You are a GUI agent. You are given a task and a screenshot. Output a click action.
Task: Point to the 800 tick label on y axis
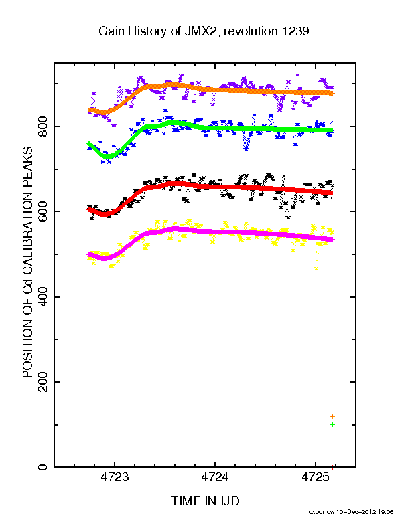point(44,126)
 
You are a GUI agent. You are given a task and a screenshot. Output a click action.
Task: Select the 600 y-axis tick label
point(44,211)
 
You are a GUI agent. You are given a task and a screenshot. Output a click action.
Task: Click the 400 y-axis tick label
point(44,296)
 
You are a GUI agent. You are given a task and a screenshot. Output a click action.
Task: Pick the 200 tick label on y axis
point(44,382)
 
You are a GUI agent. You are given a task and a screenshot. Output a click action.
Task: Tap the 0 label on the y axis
point(44,467)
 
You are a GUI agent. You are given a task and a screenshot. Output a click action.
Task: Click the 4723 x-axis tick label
point(115,477)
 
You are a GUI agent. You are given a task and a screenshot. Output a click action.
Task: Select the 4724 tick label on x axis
point(215,477)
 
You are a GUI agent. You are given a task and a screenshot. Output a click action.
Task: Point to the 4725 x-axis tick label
point(316,477)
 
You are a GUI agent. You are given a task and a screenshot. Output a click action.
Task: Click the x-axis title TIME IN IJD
point(205,501)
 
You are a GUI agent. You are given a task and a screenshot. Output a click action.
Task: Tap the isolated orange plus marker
point(332,416)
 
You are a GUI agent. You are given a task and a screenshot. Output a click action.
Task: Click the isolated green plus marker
point(332,424)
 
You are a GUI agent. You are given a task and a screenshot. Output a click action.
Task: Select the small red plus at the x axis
point(333,467)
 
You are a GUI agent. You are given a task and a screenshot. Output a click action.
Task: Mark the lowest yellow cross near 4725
point(316,269)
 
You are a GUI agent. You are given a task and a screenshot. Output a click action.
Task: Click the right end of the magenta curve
point(333,240)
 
